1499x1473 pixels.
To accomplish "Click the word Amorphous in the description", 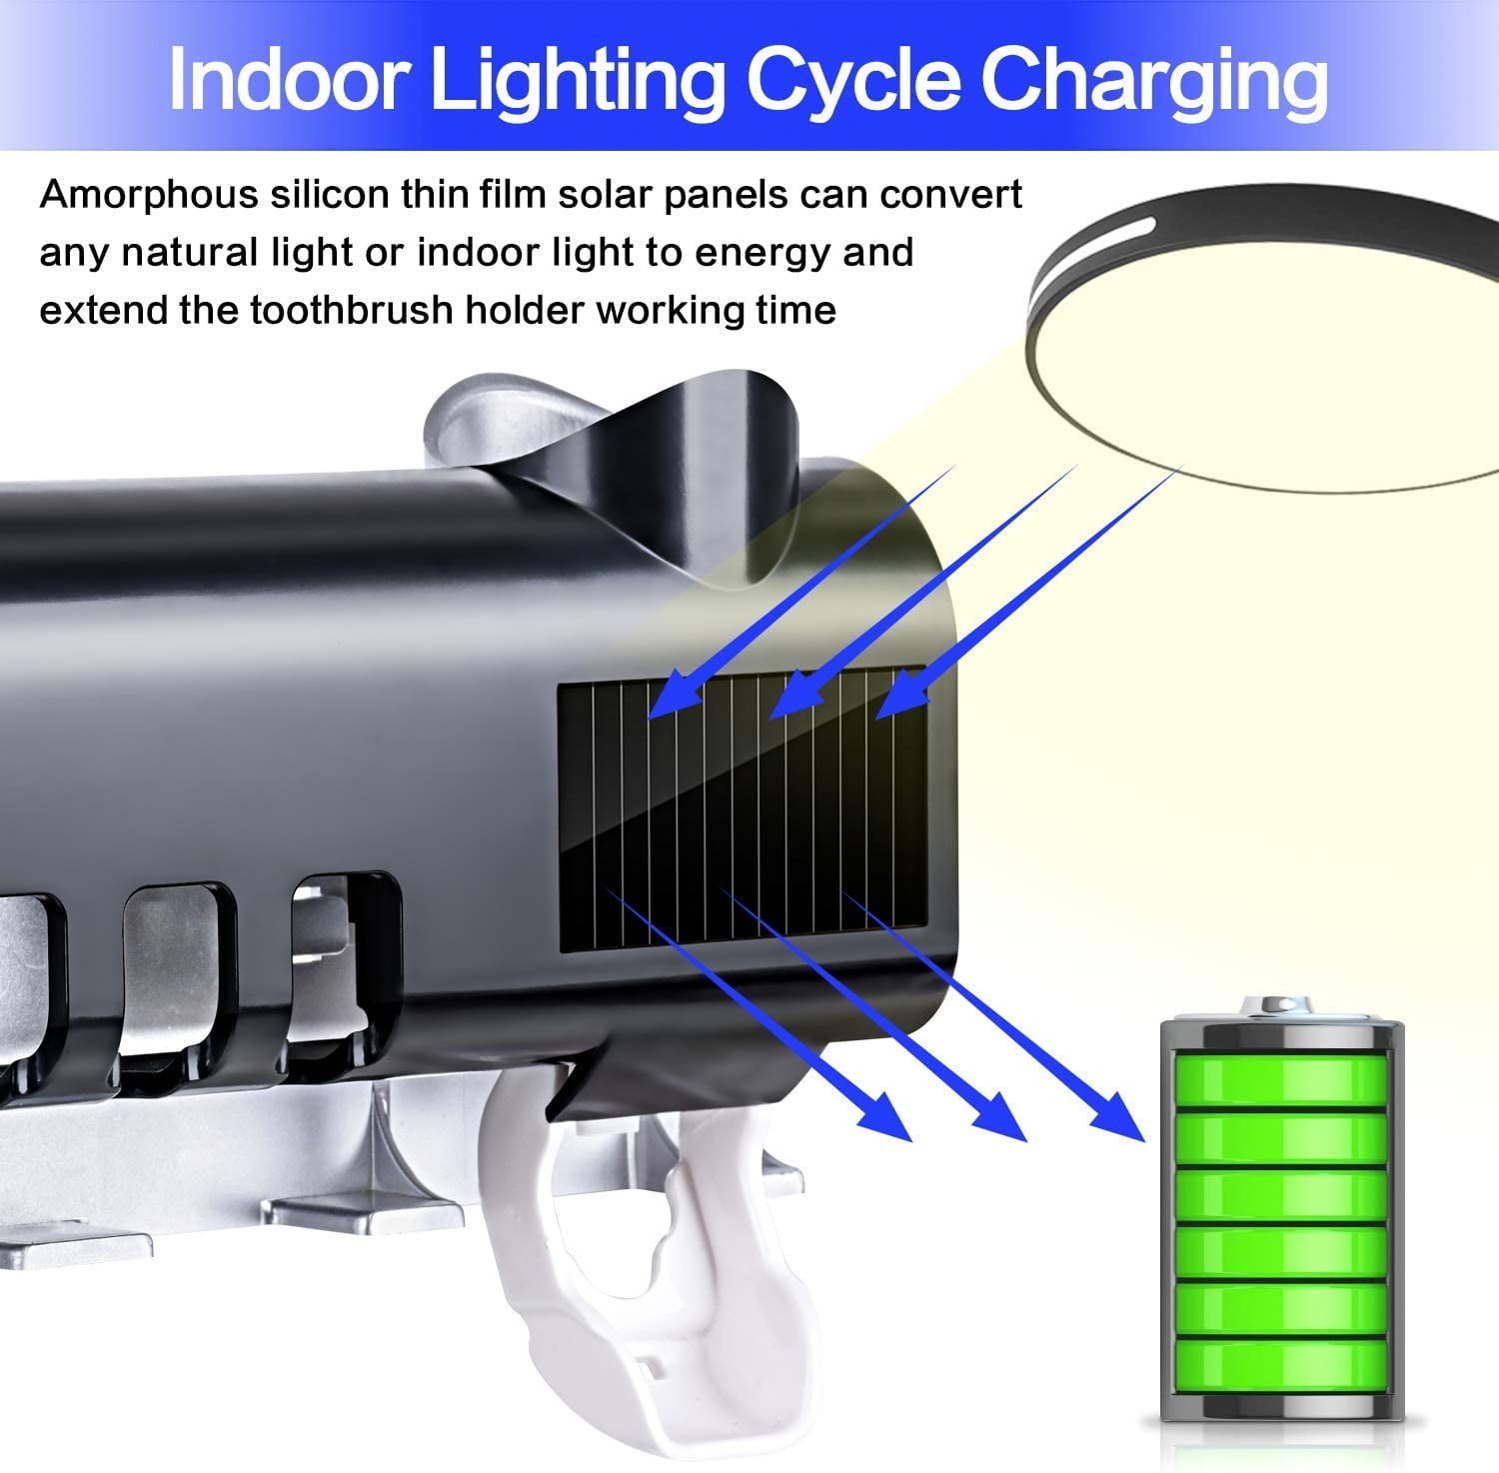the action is pyautogui.click(x=149, y=195).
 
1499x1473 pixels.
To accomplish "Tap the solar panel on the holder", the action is pyautogui.click(x=743, y=808).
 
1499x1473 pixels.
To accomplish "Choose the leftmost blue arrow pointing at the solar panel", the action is pyautogui.click(x=800, y=591).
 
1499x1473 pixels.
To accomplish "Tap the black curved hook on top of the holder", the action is pyautogui.click(x=690, y=470).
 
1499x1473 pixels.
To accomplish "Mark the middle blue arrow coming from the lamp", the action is pyautogui.click(x=924, y=591).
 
